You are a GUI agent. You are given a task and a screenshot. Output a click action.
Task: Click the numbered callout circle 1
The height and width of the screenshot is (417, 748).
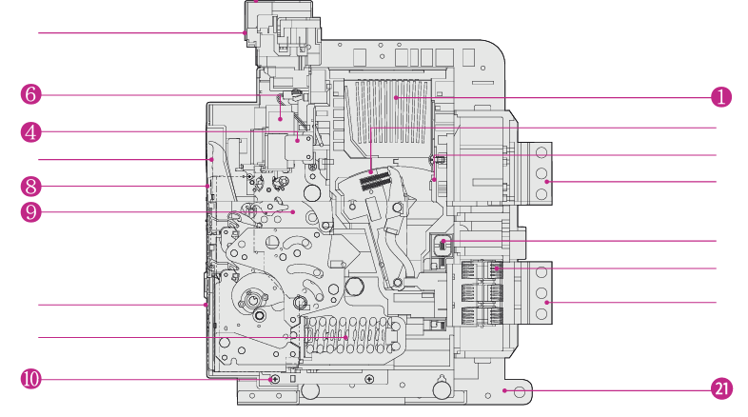click(720, 97)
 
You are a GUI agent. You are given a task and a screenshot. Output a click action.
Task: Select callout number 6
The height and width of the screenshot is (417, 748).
click(31, 94)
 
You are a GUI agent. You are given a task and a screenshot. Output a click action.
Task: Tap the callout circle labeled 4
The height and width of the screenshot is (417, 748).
click(31, 132)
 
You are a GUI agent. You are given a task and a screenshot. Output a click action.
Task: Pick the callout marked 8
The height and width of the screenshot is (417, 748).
click(31, 186)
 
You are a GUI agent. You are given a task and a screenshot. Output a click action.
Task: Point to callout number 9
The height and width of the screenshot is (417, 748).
click(31, 212)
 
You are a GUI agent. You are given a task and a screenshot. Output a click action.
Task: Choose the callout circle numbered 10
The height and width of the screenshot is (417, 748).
click(31, 379)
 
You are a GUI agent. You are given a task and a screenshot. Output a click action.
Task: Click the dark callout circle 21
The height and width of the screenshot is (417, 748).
click(721, 388)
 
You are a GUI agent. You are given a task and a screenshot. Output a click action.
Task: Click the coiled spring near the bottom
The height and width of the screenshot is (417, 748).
click(350, 336)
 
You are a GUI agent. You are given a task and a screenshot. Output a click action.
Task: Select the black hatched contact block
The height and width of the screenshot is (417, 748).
click(375, 181)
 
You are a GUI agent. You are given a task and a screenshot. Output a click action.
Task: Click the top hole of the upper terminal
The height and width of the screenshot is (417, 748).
click(541, 152)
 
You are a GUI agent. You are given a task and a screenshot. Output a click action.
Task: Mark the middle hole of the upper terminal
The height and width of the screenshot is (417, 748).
click(541, 172)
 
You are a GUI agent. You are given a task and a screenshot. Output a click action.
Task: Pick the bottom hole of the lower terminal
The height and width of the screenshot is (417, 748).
click(541, 313)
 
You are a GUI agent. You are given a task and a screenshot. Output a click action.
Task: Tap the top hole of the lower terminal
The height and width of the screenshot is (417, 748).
click(541, 272)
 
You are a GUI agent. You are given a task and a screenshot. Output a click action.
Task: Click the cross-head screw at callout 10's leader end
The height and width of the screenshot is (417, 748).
click(275, 379)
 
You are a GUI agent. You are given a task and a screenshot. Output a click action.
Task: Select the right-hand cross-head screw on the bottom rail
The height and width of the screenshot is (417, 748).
click(369, 379)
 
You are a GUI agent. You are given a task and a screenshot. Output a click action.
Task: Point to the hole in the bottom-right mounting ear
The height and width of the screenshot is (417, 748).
click(520, 392)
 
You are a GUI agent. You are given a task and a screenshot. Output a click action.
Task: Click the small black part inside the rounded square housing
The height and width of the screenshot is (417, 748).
click(443, 245)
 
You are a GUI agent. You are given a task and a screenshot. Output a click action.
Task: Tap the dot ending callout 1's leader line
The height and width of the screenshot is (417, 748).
click(396, 98)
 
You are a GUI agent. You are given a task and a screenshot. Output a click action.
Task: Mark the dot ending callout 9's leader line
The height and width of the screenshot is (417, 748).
click(293, 212)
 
